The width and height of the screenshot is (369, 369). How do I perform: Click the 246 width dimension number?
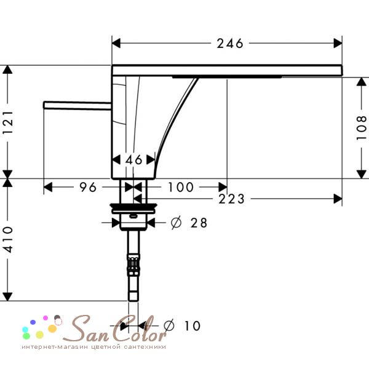(x=230, y=44)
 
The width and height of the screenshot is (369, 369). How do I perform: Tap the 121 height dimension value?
(x=7, y=122)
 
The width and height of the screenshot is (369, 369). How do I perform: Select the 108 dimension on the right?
(x=361, y=128)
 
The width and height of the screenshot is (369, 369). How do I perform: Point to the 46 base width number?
(x=133, y=160)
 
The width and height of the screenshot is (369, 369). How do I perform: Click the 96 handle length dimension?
(x=88, y=188)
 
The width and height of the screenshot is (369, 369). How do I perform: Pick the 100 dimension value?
(x=180, y=188)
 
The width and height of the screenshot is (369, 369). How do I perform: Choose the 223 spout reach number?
(x=232, y=199)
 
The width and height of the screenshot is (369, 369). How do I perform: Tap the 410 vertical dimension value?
(x=7, y=240)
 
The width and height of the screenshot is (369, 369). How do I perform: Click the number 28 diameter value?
(x=199, y=223)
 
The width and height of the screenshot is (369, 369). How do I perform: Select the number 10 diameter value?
(x=192, y=326)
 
